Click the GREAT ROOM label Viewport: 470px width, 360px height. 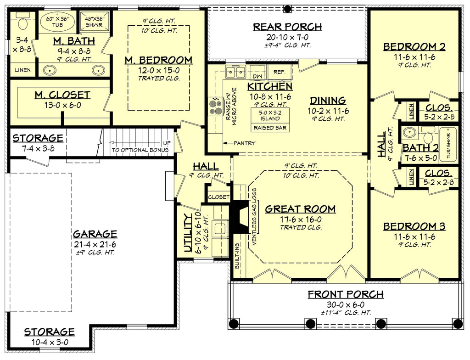tap(301, 209)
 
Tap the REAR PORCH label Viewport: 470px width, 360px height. tap(287, 27)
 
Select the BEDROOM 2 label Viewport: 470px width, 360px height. tap(414, 46)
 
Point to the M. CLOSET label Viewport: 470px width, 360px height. tap(62, 95)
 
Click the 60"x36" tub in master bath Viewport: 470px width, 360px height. tap(57, 21)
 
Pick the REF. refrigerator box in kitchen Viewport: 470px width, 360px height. tap(280, 72)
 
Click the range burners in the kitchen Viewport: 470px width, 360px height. tap(215, 107)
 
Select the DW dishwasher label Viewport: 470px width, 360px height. tap(257, 74)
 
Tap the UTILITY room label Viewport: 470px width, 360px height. tap(187, 235)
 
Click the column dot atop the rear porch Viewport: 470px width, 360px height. tap(287, 9)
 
